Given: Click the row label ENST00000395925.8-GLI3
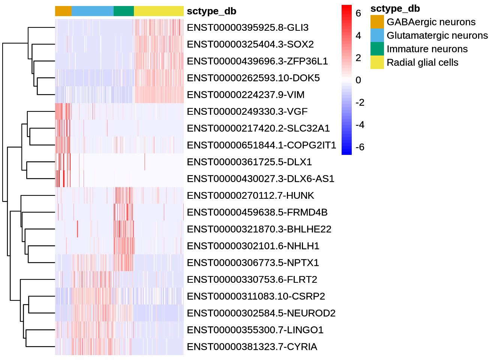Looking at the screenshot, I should coord(247,28).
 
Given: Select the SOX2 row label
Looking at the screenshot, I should coord(250,44).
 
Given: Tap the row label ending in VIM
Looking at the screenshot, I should coord(246,95).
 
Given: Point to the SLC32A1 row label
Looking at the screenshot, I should coord(258,128).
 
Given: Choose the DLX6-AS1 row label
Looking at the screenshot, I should coord(261,179).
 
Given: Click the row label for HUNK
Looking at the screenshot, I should coord(250,196).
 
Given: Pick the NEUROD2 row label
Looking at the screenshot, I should coord(261,313).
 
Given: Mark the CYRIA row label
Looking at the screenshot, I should coord(252,347).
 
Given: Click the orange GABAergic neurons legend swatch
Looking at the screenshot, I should coord(377,22).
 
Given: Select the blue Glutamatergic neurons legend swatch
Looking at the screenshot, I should coord(377,35).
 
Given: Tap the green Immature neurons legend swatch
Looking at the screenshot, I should coord(377,49).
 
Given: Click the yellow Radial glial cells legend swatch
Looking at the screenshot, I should coord(377,62).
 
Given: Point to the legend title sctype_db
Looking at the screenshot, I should coord(395,9).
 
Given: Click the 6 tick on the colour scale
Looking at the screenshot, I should coord(358,13).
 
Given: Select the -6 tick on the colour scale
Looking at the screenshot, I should coord(360,147).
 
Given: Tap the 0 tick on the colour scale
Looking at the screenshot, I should coord(358,80).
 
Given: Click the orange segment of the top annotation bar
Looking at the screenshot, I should coord(63,11).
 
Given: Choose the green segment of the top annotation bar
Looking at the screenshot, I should coord(123,11).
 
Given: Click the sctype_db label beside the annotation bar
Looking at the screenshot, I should coord(211,11).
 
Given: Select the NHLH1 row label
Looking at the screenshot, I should coord(253,246).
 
